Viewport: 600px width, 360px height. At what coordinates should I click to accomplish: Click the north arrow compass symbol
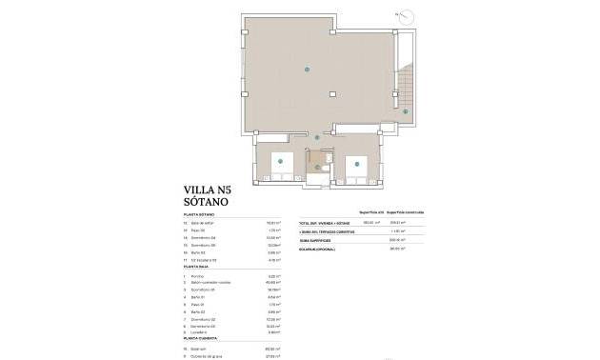(x=408, y=16)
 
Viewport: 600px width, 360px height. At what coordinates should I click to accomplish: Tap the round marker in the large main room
(x=306, y=69)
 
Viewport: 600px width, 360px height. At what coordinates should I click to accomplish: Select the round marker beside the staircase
(x=405, y=111)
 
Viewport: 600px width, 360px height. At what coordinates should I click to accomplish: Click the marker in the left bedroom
(x=281, y=162)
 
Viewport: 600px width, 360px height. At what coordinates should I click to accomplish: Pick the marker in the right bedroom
(x=356, y=163)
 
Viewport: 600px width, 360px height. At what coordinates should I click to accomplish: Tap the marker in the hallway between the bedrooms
(x=317, y=137)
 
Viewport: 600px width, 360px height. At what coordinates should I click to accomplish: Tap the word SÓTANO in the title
(x=207, y=203)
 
